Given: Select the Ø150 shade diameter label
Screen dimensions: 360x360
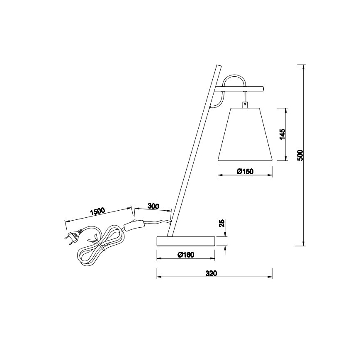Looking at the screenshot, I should pos(245,171).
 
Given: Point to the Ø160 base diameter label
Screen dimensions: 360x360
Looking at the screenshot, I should pos(186,255).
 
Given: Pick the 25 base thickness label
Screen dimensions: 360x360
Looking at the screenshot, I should pos(222,224).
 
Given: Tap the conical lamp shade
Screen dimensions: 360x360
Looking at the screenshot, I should pos(245,134).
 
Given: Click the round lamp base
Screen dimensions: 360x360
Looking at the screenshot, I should pos(186,241).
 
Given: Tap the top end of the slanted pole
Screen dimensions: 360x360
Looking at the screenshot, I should pos(217,66).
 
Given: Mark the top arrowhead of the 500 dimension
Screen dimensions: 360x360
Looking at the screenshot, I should pos(304,67).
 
